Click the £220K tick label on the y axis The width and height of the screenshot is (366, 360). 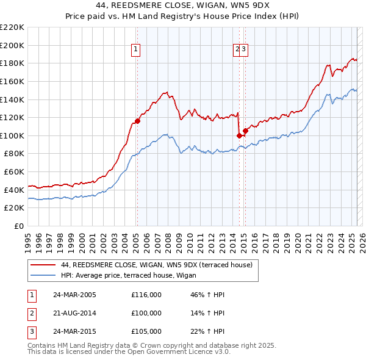tap(12, 27)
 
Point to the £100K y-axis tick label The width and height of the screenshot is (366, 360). tap(12, 135)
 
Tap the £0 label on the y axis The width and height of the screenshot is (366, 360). tap(19, 226)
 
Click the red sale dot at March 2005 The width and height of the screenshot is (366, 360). tap(137, 121)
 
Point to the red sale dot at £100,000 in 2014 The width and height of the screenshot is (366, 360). tap(239, 135)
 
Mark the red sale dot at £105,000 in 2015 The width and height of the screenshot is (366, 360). tap(245, 131)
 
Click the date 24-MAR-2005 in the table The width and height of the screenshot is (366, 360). tap(75, 295)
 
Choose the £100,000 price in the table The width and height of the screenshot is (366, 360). tap(146, 313)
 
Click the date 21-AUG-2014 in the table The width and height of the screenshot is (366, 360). tap(75, 313)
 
